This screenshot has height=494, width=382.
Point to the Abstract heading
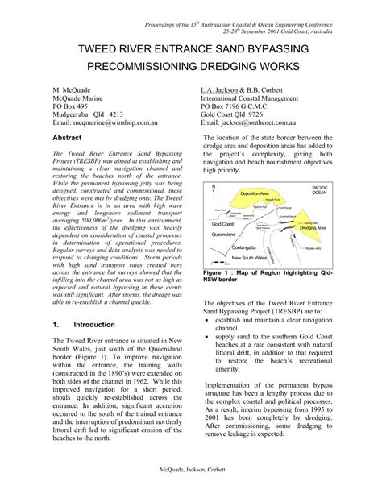pyautogui.click(x=68, y=139)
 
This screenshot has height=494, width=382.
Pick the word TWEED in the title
pyautogui.click(x=102, y=51)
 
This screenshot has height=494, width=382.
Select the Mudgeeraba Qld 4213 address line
pyautogui.click(x=88, y=114)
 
